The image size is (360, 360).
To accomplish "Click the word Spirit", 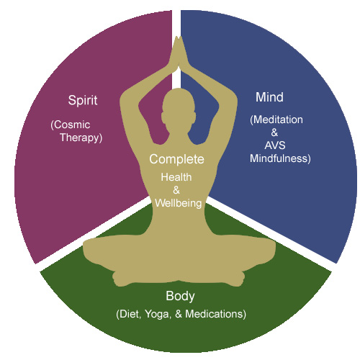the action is click(83, 100).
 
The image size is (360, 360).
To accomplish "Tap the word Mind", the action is click(269, 97).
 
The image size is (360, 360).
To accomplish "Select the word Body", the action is click(180, 297).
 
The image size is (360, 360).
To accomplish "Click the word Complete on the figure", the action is click(176, 160).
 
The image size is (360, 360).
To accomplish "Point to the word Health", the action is click(176, 177).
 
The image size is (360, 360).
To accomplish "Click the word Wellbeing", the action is click(179, 204).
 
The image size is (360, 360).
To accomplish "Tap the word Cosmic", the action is click(72, 125).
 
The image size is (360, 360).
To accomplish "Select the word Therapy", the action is click(80, 138).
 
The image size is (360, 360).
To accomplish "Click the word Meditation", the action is click(278, 120).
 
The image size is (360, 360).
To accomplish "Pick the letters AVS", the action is click(275, 145).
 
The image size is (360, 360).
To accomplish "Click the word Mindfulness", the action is click(279, 158).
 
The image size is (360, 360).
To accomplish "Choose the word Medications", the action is click(215, 314).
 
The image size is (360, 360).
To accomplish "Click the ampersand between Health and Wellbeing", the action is click(176, 190).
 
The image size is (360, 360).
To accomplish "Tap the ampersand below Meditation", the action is click(274, 132).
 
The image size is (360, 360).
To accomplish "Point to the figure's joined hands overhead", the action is click(178, 52).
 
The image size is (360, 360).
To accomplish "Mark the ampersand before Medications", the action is click(179, 314).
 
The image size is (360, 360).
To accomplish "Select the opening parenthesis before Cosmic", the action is click(52, 125).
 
